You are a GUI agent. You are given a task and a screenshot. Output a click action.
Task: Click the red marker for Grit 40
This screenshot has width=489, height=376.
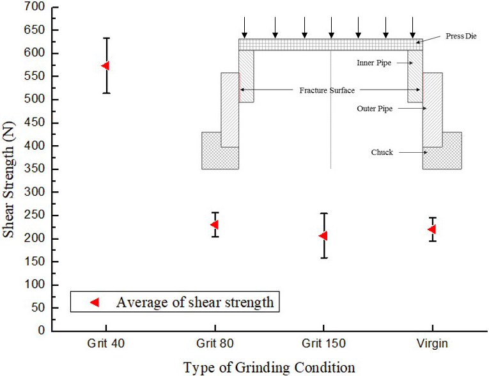105,65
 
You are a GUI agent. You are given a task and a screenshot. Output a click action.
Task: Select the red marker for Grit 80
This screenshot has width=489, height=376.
215,224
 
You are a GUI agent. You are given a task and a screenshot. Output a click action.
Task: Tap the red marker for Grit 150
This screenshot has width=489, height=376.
323,235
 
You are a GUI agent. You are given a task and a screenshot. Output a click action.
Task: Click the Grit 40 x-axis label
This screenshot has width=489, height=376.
106,344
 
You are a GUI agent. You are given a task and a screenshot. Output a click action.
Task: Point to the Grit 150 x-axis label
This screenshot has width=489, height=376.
323,344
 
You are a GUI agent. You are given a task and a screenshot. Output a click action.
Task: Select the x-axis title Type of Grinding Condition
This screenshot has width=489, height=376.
268,367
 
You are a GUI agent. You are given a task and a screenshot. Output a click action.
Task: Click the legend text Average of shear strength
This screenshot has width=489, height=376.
195,302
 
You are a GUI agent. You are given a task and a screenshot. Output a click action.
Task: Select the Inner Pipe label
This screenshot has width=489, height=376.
375,63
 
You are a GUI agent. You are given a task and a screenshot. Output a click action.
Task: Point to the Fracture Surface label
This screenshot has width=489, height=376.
327,90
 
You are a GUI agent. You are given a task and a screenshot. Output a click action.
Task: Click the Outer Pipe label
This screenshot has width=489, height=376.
375,109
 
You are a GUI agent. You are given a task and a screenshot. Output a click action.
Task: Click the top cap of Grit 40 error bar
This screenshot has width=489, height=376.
107,38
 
